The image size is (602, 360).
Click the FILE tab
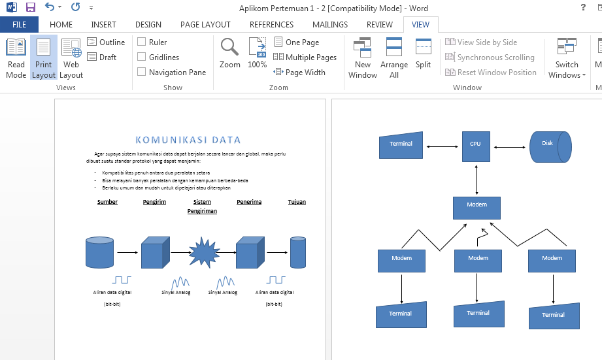(19, 25)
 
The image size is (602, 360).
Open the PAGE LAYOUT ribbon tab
(205, 25)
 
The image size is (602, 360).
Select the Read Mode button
(16, 58)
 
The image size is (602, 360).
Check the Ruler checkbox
(142, 42)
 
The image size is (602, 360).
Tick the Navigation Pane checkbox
(142, 73)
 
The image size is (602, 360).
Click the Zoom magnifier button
(229, 54)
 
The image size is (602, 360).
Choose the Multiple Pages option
(305, 57)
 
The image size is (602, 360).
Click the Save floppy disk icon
(30, 7)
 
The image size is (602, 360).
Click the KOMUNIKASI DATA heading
(188, 140)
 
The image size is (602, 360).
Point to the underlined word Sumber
(107, 202)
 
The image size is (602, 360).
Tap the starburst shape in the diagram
(203, 252)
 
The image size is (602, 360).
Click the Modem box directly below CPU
(477, 207)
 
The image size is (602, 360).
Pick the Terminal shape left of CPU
(401, 145)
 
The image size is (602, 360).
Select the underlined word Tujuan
(297, 202)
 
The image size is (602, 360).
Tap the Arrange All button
(394, 58)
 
